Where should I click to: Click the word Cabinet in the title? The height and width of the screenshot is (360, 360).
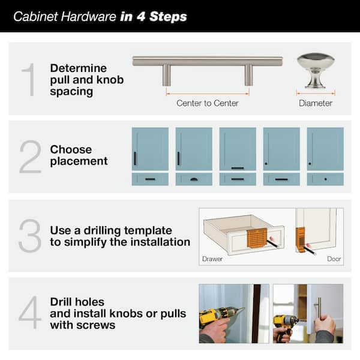[34, 17]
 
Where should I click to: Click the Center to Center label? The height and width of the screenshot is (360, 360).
[208, 103]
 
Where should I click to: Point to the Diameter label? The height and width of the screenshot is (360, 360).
[316, 103]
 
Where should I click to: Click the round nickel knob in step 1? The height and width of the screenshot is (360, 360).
[316, 68]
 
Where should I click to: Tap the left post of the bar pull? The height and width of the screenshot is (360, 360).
[167, 75]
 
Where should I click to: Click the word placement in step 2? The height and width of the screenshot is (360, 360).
[79, 161]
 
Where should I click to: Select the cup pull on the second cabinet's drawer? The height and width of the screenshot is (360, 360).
[194, 179]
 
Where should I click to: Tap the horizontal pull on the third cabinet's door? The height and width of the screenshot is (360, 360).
[238, 168]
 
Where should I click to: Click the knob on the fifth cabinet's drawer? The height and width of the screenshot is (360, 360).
[325, 179]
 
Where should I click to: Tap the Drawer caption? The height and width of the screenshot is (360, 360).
[213, 260]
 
